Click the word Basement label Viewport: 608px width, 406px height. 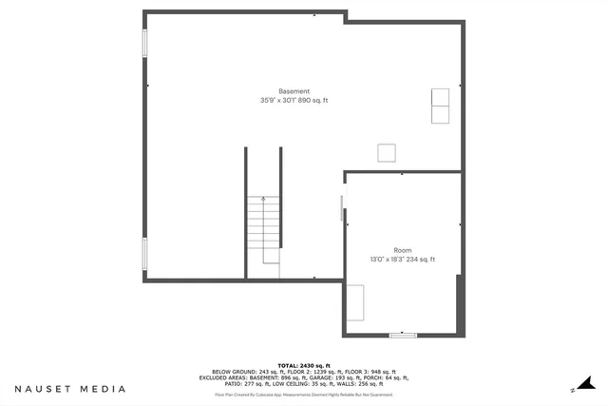(294, 91)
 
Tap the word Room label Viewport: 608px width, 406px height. (403, 250)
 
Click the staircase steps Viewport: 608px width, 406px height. (263, 229)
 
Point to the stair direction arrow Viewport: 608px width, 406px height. (263, 200)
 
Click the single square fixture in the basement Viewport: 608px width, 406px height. (387, 153)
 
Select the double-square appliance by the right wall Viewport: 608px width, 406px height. (441, 106)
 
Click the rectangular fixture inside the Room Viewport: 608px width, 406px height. (354, 303)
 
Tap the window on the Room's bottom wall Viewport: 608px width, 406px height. (403, 335)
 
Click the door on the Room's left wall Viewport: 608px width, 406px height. (343, 208)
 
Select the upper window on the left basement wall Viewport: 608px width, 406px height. (145, 44)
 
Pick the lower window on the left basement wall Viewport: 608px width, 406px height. (145, 253)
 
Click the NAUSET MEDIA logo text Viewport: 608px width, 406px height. (70, 389)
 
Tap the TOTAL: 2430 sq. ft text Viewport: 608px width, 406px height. (303, 365)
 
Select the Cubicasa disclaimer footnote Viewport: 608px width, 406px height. (303, 393)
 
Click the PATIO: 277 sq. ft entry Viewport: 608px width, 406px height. (243, 383)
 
